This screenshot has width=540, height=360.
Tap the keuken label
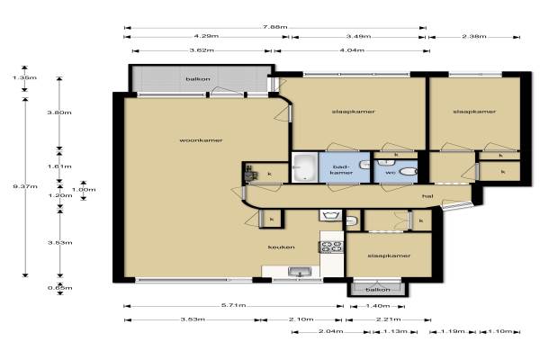[282, 247]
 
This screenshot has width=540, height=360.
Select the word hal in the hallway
[427, 196]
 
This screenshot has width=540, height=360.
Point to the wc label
[391, 172]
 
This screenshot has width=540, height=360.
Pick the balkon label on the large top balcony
[198, 79]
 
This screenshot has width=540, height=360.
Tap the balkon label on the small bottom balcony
[378, 290]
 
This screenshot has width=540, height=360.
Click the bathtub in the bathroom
[305, 167]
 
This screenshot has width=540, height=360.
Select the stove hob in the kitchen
[331, 247]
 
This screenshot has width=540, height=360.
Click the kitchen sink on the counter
[300, 272]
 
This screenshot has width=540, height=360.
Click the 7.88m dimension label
[275, 27]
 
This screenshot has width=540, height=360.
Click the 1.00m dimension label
[84, 190]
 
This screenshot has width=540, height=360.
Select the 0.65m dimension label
[60, 288]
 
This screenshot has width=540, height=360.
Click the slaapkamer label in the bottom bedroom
[389, 256]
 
